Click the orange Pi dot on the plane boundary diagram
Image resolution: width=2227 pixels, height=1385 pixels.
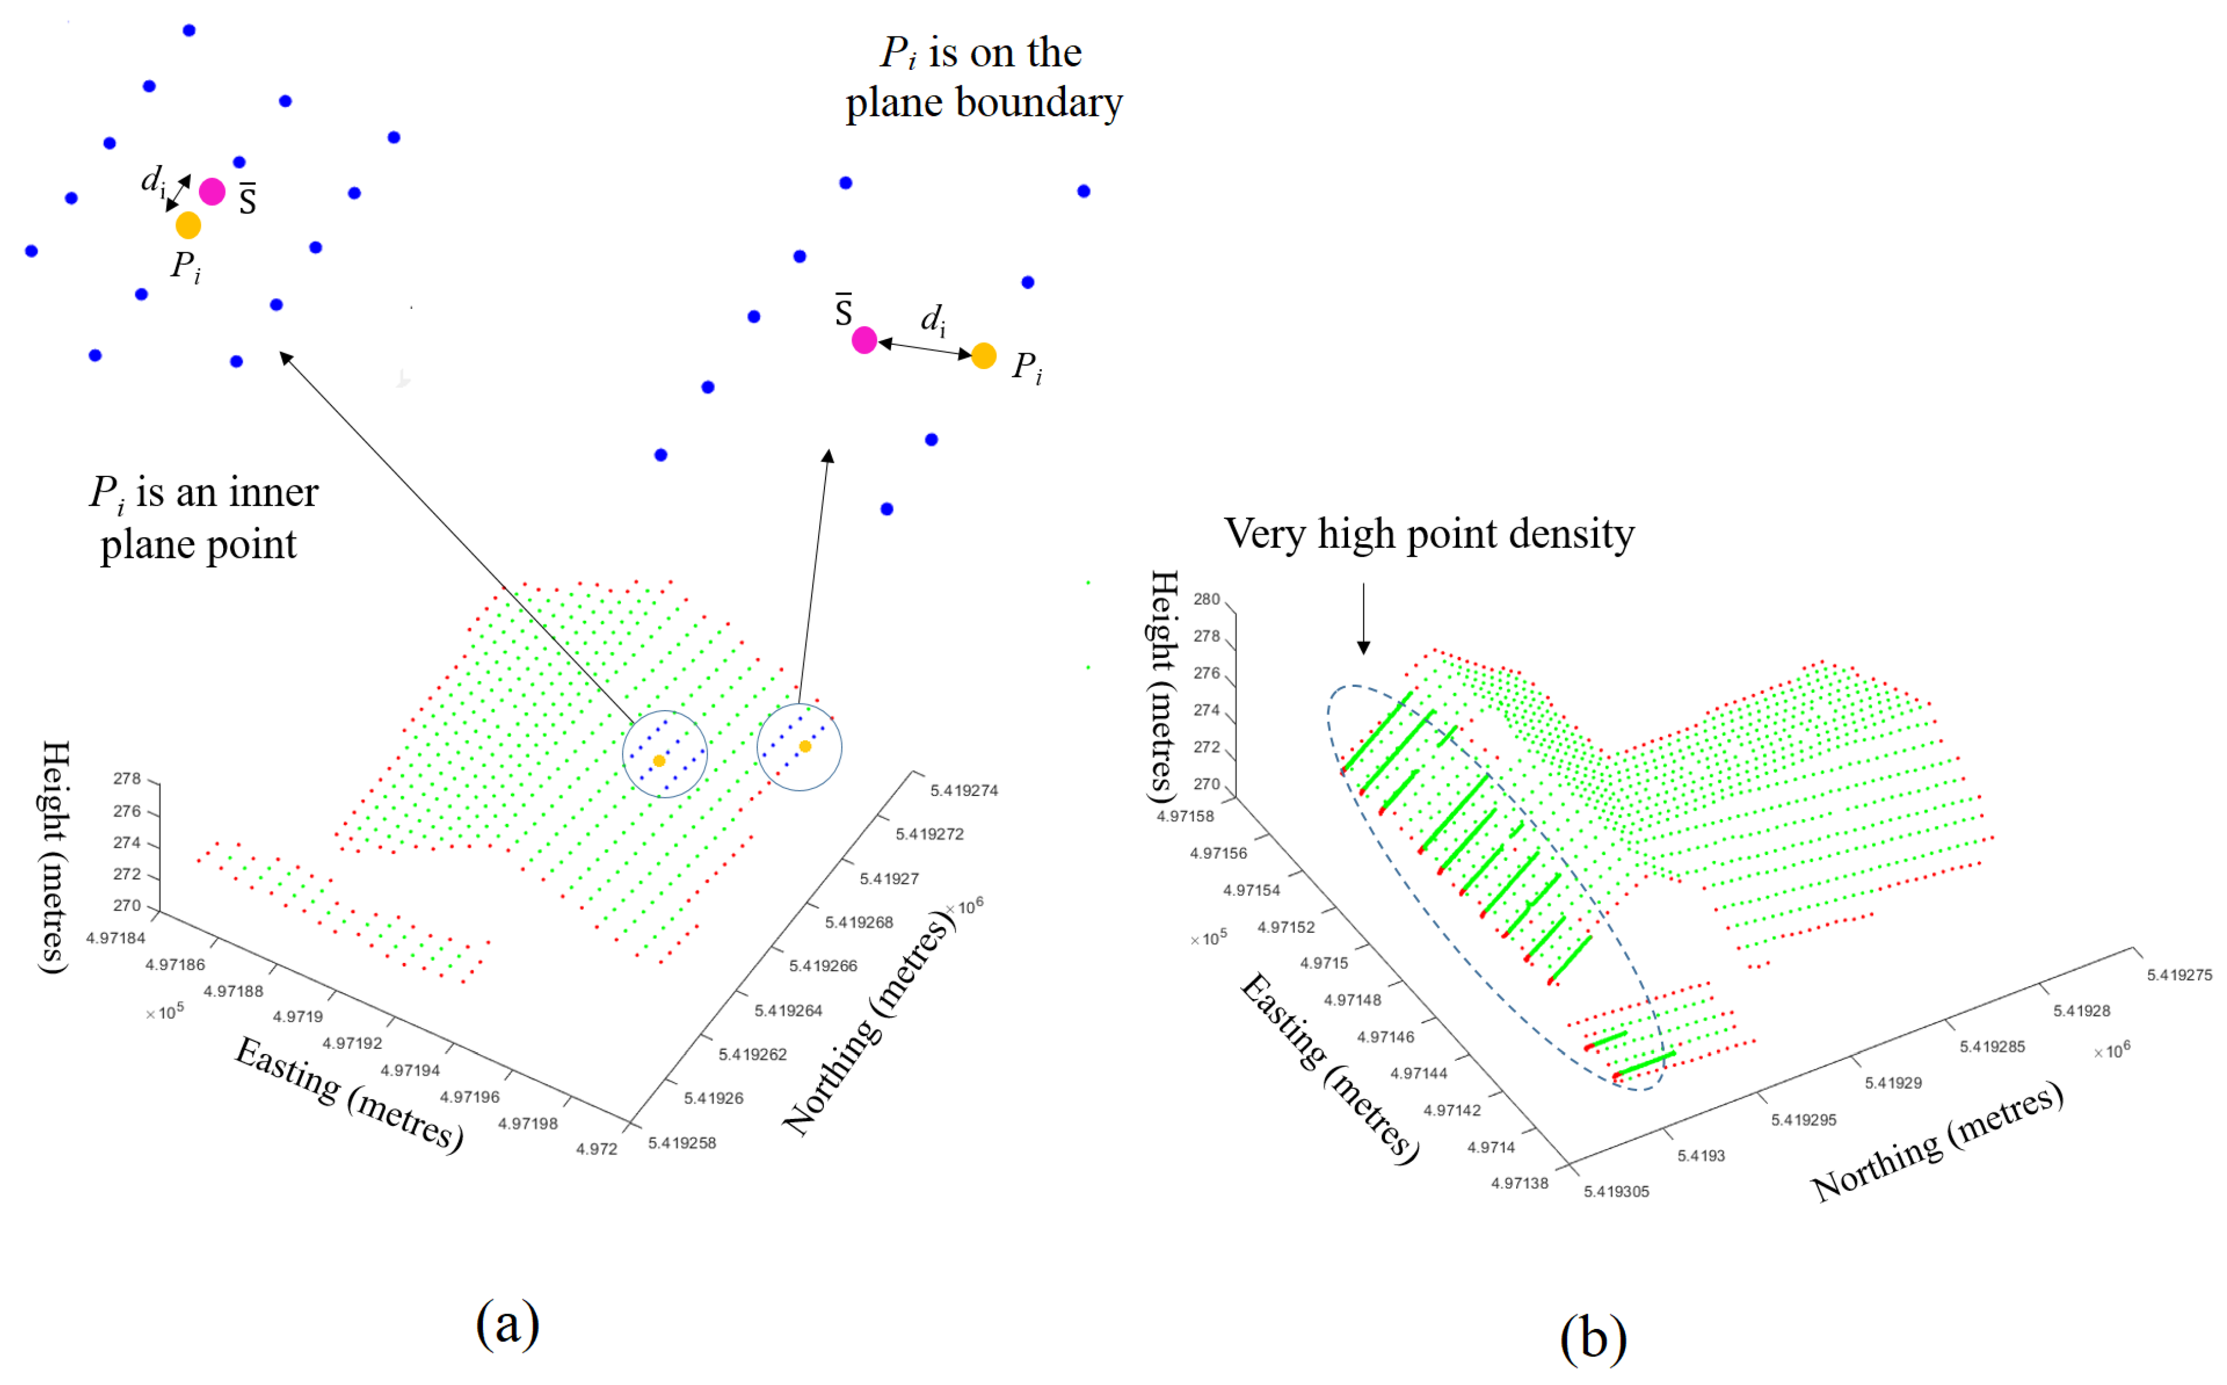(x=984, y=355)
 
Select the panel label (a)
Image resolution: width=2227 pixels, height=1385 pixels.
(x=508, y=1324)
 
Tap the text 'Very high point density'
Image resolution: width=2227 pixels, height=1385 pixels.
(x=1429, y=534)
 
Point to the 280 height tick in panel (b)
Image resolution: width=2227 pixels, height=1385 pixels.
(x=1206, y=599)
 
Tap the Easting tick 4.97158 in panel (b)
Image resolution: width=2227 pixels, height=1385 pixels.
(x=1185, y=816)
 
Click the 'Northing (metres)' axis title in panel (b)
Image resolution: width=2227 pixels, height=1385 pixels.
(x=1938, y=1141)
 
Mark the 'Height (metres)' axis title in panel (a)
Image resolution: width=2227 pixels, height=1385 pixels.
(x=55, y=857)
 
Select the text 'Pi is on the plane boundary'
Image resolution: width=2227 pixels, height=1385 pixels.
(x=983, y=78)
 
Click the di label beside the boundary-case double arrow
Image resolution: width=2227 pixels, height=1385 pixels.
(x=932, y=319)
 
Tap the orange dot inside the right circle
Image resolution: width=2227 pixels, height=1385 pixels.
(x=805, y=747)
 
